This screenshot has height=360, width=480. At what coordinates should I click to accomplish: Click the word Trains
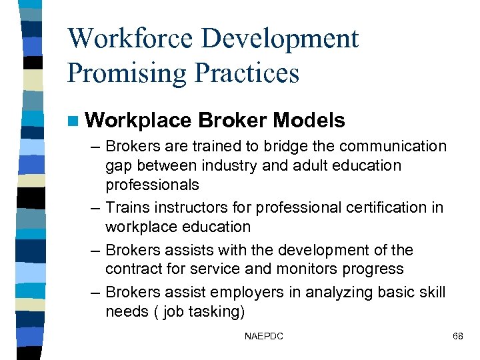click(x=126, y=208)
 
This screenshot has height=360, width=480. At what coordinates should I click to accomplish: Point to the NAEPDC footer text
click(x=264, y=337)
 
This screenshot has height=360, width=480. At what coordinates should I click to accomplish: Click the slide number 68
click(x=457, y=337)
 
